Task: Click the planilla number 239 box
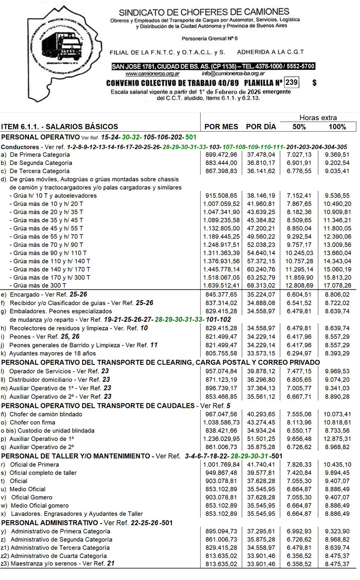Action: [291, 83]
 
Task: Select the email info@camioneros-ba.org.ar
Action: [233, 73]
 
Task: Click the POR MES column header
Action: [221, 127]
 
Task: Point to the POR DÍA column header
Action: [261, 127]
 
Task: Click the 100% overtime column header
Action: [337, 127]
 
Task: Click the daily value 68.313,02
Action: [261, 286]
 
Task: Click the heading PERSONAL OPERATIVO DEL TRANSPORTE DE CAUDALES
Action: [98, 406]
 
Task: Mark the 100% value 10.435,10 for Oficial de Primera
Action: [337, 465]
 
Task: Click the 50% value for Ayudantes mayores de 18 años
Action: [299, 353]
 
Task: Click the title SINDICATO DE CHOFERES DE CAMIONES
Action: [204, 12]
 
